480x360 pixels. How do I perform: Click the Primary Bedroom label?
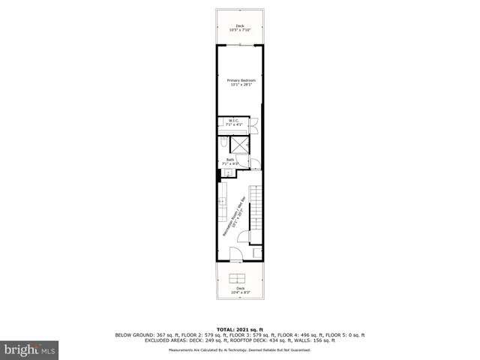click(241, 79)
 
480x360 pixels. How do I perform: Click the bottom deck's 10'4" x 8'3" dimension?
click(240, 292)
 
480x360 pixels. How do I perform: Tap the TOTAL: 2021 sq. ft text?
click(240, 329)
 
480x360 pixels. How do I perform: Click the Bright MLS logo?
click(30, 349)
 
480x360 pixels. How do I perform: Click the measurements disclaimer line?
click(240, 349)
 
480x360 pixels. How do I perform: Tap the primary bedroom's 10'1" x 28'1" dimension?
click(241, 84)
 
